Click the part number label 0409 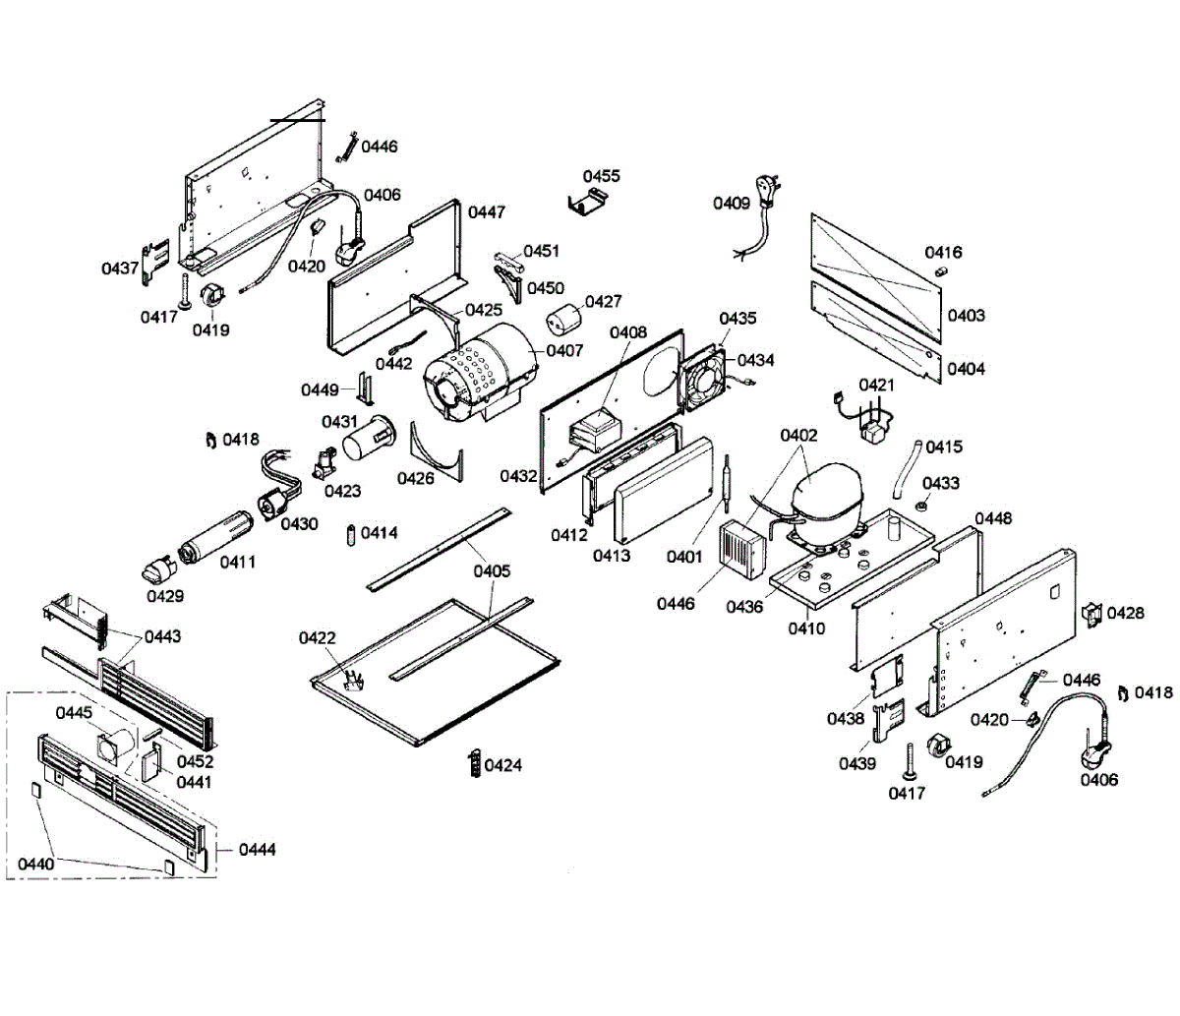click(x=731, y=203)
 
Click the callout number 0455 click(x=602, y=176)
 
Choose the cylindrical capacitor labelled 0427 click(x=563, y=320)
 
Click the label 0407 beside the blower click(x=564, y=350)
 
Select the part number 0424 click(x=503, y=765)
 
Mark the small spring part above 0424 click(x=475, y=762)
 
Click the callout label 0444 click(x=257, y=849)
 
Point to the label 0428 click(x=1126, y=613)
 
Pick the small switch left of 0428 click(x=1091, y=615)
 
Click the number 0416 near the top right click(x=944, y=252)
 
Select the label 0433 click(x=941, y=483)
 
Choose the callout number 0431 click(x=339, y=421)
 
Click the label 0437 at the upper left click(x=120, y=269)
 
